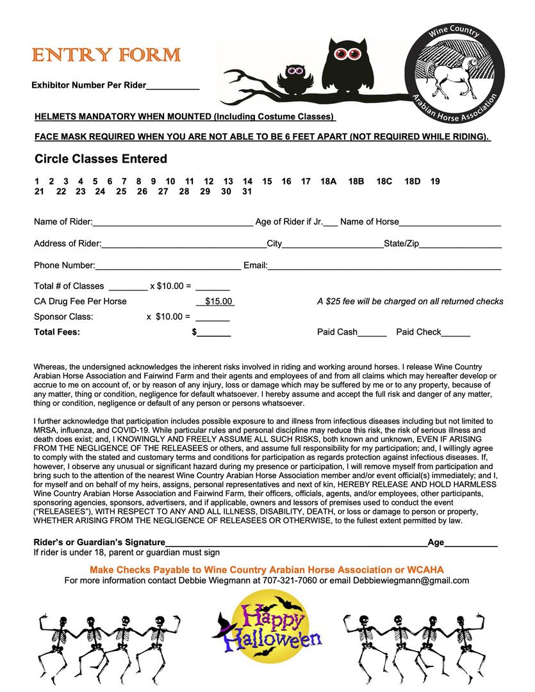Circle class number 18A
328,181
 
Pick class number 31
247,191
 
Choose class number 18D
413,181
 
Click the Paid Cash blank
372,334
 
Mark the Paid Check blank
456,334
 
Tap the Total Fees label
57,332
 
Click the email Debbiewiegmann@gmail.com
411,581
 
